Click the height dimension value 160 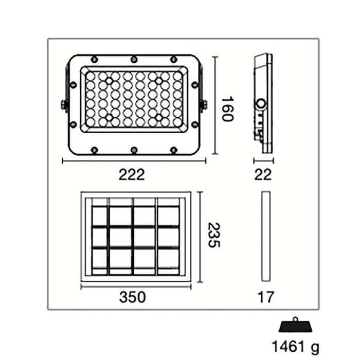pos(227,109)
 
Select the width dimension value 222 pos(132,175)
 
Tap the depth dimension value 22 pos(263,175)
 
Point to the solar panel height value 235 pos(213,236)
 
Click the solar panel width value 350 pos(132,297)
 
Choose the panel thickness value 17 pos(265,297)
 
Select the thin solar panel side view pos(265,236)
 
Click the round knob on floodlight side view pos(261,104)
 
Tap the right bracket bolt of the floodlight pos(203,105)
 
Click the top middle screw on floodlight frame pos(134,59)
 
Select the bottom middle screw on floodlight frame pos(134,150)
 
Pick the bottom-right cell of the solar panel pos(168,258)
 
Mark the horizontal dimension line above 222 pos(134,161)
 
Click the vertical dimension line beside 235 pos(201,236)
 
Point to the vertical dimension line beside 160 pos(214,105)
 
